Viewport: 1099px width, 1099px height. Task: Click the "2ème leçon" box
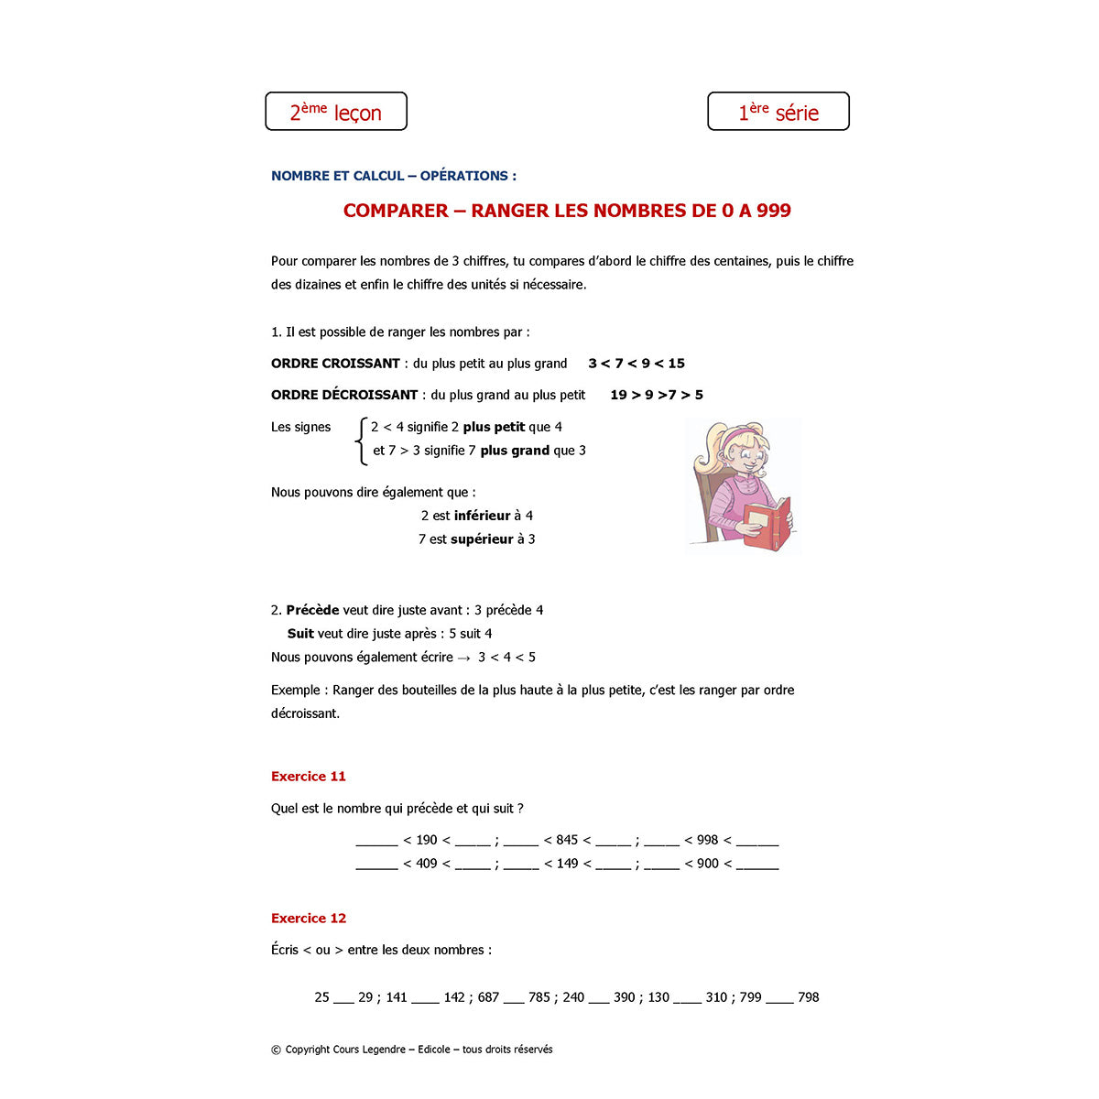335,112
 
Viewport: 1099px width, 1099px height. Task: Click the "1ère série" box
778,112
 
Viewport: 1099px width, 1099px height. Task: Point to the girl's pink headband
737,434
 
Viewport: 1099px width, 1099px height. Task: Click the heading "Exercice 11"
309,777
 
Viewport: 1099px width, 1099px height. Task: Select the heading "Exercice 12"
309,919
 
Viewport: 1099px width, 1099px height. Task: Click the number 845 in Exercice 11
567,841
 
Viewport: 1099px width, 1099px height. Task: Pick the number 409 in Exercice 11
427,864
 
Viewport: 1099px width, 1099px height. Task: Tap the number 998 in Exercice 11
707,841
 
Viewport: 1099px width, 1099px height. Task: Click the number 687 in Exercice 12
488,997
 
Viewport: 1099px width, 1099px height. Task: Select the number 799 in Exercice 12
750,997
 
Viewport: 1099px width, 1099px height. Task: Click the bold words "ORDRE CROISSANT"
335,364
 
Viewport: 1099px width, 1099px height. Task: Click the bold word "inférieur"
482,517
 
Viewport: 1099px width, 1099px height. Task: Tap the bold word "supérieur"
482,539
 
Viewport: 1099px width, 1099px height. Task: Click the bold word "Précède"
312,611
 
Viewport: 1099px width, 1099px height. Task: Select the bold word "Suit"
300,634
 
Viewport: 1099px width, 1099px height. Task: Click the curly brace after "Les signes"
361,440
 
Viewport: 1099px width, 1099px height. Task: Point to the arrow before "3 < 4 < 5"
463,658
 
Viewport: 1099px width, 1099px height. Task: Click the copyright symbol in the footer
276,1050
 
